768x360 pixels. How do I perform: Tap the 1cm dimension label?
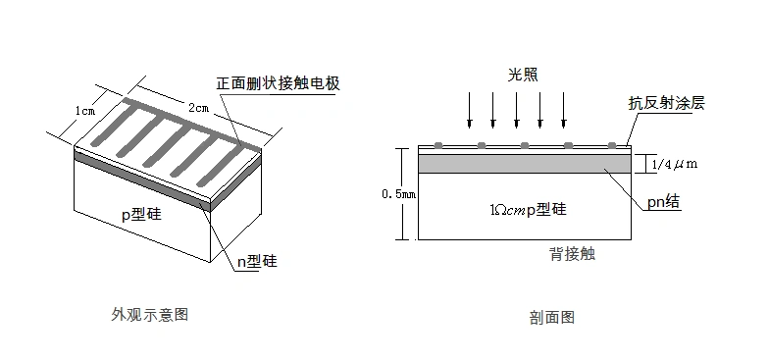point(85,111)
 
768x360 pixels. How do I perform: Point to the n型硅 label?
point(258,261)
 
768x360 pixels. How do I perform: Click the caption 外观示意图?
point(149,315)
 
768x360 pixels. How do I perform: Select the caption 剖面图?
point(551,317)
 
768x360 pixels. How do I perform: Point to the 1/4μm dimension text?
point(674,164)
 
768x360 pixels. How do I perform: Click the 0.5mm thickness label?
point(399,193)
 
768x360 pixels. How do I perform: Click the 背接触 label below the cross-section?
point(572,254)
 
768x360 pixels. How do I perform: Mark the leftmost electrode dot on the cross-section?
point(437,145)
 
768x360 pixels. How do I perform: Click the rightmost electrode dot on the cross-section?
point(612,145)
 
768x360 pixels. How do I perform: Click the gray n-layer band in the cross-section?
point(524,163)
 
